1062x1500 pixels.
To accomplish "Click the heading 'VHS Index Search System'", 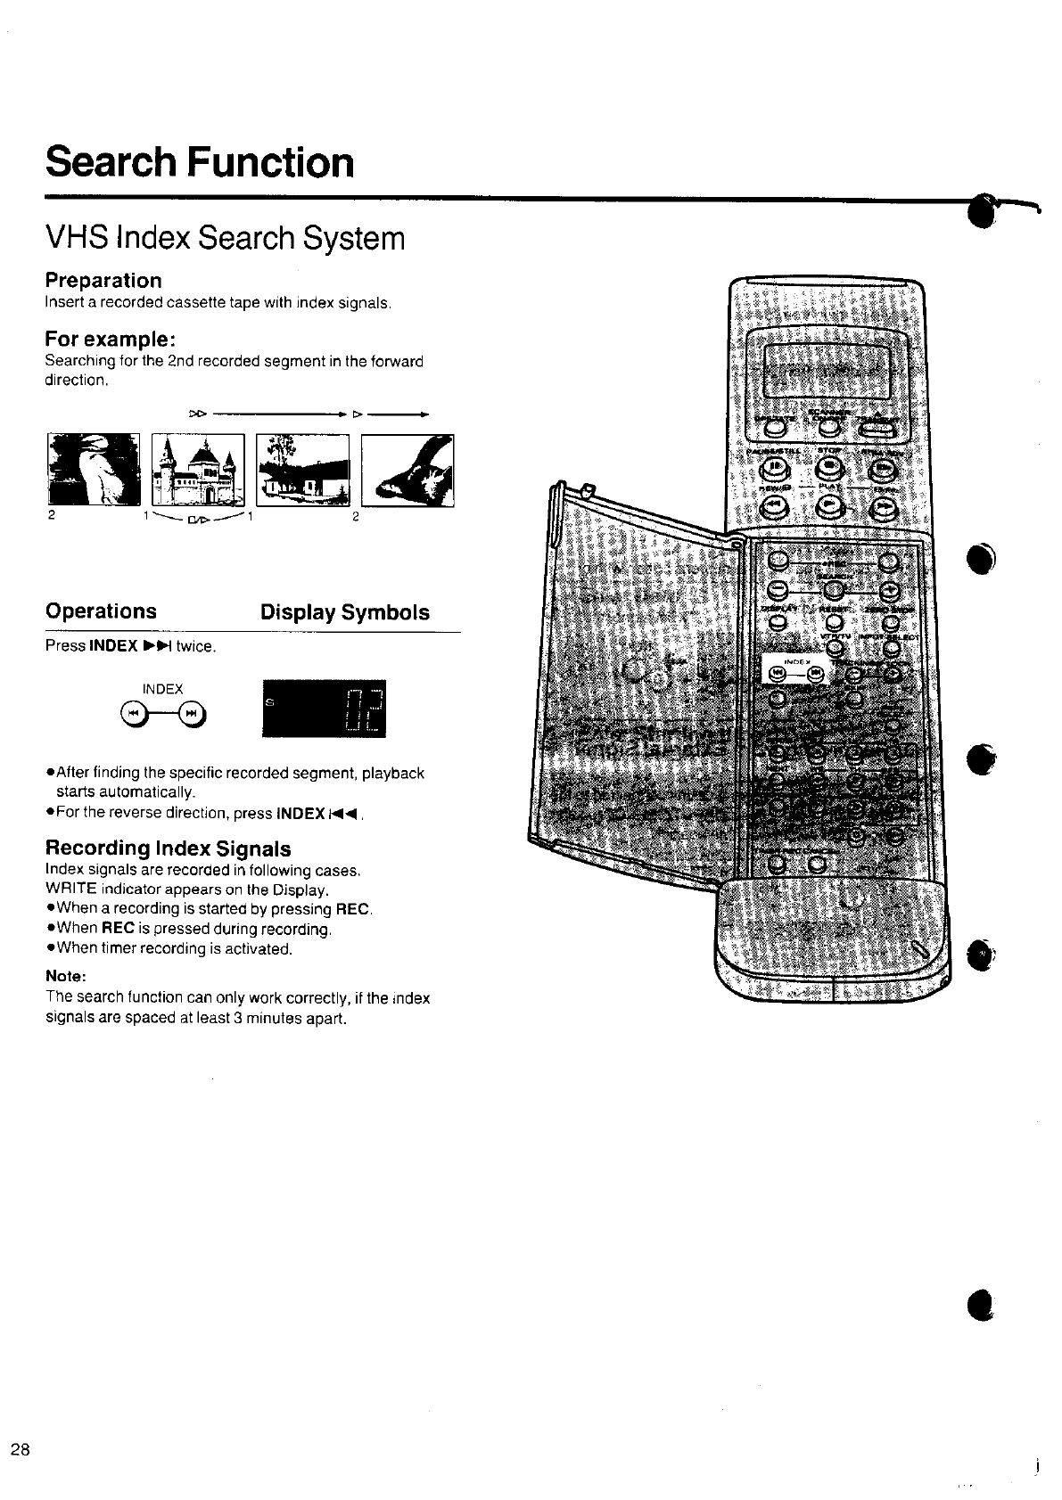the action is (225, 238).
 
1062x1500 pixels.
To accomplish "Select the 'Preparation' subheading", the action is (103, 281).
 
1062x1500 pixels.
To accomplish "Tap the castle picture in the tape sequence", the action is (198, 470).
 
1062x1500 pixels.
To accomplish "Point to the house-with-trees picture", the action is (302, 470).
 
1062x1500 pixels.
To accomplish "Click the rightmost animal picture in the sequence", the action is (408, 470).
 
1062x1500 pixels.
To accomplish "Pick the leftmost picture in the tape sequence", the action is (94, 470).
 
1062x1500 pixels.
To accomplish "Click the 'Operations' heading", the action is (101, 611).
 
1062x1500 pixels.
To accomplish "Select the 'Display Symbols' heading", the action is (344, 612).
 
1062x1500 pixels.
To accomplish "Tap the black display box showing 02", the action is (325, 709).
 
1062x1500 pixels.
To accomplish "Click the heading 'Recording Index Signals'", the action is (168, 848).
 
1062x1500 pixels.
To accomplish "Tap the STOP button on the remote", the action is (829, 468).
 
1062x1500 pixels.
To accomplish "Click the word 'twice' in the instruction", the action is (194, 646).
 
